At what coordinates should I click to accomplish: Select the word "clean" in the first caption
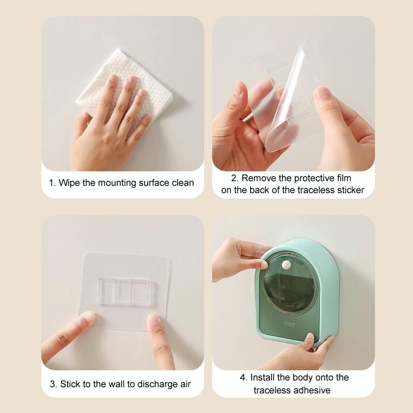pyautogui.click(x=183, y=183)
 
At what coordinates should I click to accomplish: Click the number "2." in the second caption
pyautogui.click(x=235, y=178)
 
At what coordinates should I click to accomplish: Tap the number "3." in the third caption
pyautogui.click(x=54, y=384)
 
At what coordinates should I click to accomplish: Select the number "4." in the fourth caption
pyautogui.click(x=244, y=377)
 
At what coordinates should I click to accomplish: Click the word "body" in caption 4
pyautogui.click(x=300, y=378)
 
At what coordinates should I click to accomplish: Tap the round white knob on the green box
pyautogui.click(x=285, y=264)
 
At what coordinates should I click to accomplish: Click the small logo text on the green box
pyautogui.click(x=290, y=323)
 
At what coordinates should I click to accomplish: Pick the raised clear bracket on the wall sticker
pyautogui.click(x=124, y=291)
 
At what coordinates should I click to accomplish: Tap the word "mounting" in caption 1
pyautogui.click(x=117, y=183)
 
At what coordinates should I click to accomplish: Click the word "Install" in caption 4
pyautogui.click(x=262, y=377)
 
